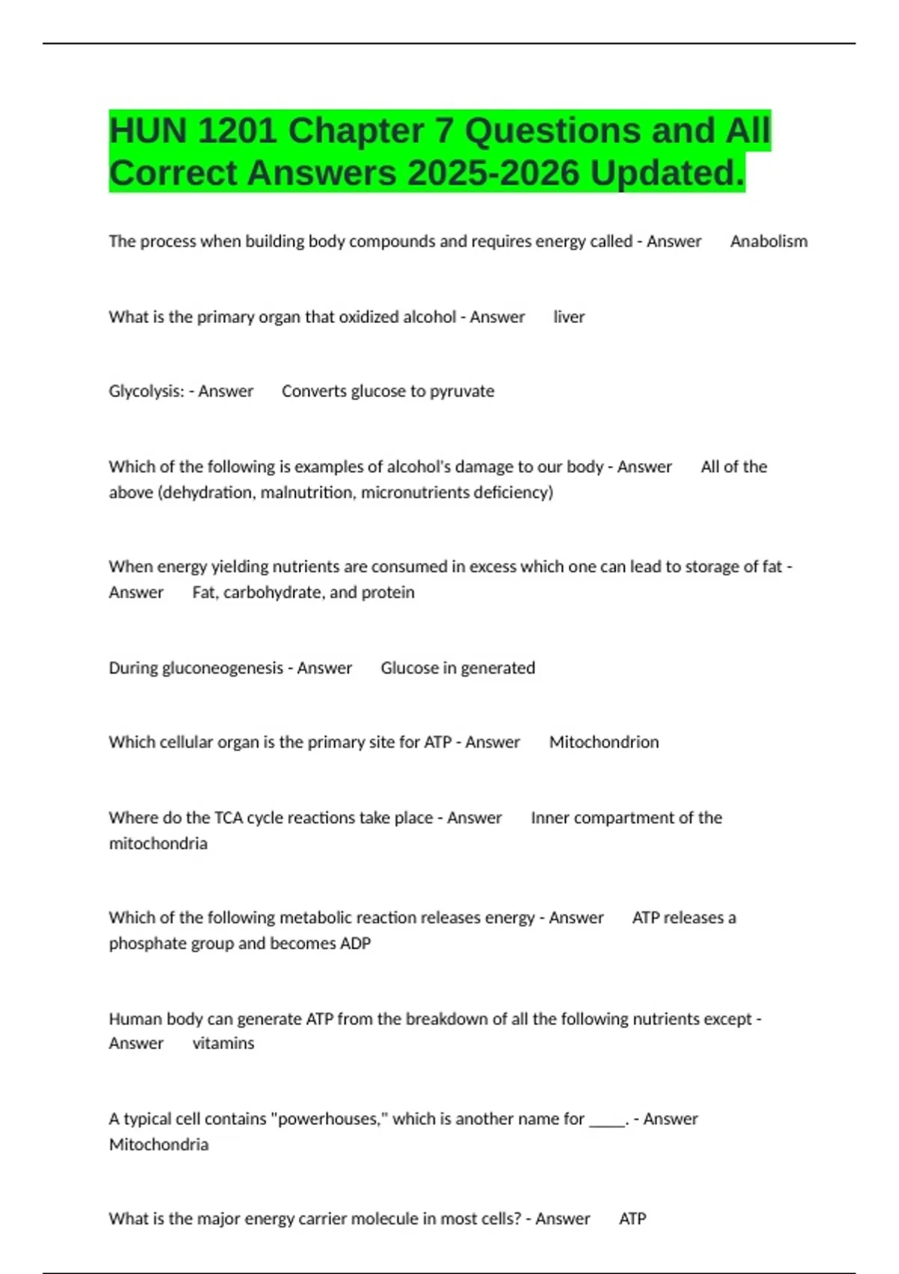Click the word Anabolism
coord(769,241)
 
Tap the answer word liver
coord(569,317)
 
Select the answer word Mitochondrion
coord(604,742)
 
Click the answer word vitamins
coord(223,1043)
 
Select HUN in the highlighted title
coord(148,131)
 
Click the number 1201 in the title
coord(237,131)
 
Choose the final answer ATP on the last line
coord(632,1219)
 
